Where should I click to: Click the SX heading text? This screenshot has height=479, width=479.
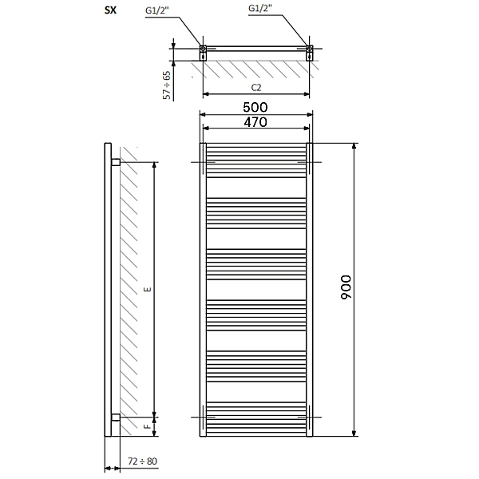(111, 10)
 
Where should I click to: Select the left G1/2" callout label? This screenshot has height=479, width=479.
(157, 10)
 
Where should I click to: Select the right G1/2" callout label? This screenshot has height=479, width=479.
(260, 8)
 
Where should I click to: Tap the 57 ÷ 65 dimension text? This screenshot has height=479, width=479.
(167, 85)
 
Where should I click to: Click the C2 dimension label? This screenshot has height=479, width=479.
(256, 88)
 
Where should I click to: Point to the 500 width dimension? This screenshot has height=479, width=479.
(255, 107)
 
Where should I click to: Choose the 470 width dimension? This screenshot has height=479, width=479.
(255, 122)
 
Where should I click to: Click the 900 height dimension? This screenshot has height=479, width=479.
(346, 287)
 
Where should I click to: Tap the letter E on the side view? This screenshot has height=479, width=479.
(148, 289)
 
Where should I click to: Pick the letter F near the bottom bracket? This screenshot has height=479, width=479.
(148, 426)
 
